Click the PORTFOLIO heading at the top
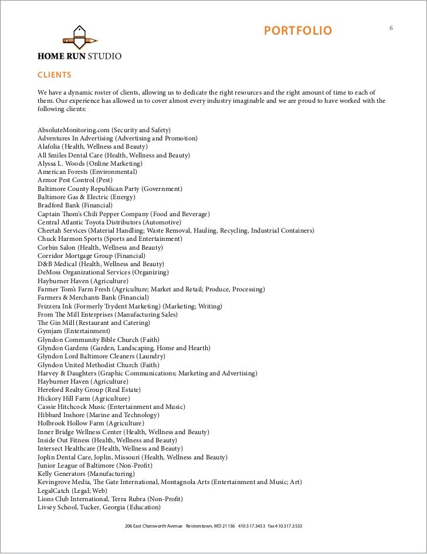(x=297, y=31)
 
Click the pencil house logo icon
(x=79, y=38)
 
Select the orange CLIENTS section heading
(x=55, y=75)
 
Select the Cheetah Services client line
(x=175, y=231)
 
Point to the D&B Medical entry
(x=100, y=264)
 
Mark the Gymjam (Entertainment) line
(x=74, y=332)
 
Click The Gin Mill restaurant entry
(x=94, y=323)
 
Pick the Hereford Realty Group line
(x=89, y=390)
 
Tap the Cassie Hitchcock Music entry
(x=111, y=407)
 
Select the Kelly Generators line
(x=86, y=474)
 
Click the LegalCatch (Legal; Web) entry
(x=73, y=491)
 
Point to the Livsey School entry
(x=99, y=507)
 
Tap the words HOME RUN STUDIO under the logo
(x=80, y=58)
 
